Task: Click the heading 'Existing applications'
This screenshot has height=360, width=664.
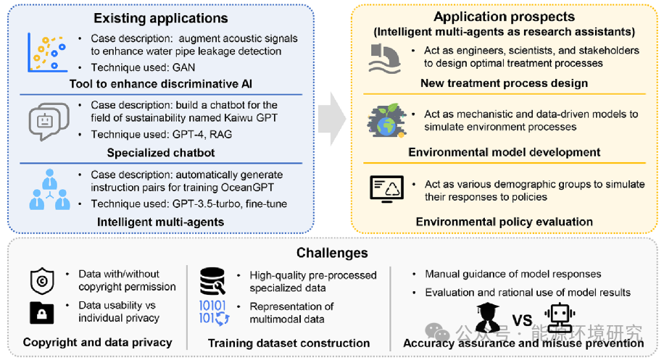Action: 160,18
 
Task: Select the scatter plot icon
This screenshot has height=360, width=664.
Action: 47,52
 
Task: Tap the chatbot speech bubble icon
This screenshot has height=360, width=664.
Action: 49,122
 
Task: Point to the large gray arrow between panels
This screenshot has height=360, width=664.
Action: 333,119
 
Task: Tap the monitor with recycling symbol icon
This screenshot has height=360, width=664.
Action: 386,189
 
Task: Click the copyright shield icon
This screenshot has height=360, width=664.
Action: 42,280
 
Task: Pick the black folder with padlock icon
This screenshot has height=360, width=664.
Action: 41,313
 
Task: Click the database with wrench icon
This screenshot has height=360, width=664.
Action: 212,281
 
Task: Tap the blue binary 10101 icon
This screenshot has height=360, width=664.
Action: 214,312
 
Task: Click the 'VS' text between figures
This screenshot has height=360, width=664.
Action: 522,321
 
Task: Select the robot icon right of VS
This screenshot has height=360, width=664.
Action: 560,318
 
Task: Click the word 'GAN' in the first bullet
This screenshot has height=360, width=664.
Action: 183,67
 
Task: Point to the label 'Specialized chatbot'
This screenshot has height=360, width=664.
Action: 161,153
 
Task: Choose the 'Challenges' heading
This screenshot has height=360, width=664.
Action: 332,253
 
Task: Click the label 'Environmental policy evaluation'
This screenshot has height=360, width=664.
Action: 505,222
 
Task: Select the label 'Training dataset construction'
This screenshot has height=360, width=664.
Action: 289,343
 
